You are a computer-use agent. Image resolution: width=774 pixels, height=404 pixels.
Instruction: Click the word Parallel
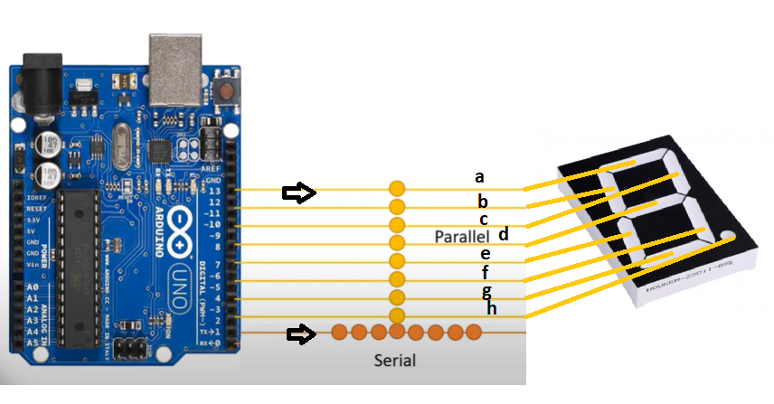pyautogui.click(x=461, y=236)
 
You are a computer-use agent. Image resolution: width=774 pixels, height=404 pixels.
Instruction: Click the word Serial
pyautogui.click(x=395, y=361)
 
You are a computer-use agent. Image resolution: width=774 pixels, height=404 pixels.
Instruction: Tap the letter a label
pyautogui.click(x=480, y=177)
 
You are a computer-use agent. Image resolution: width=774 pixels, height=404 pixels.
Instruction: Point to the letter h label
pyautogui.click(x=491, y=308)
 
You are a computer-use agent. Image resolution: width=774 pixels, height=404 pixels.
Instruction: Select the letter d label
pyautogui.click(x=504, y=234)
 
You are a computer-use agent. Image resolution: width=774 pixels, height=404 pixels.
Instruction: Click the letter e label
pyautogui.click(x=486, y=254)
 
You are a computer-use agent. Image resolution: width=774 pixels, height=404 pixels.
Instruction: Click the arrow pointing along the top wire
pyautogui.click(x=298, y=191)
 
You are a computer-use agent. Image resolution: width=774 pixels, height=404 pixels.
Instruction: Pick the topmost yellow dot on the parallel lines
pyautogui.click(x=397, y=190)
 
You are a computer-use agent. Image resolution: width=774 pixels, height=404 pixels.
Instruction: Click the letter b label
pyautogui.click(x=484, y=201)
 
